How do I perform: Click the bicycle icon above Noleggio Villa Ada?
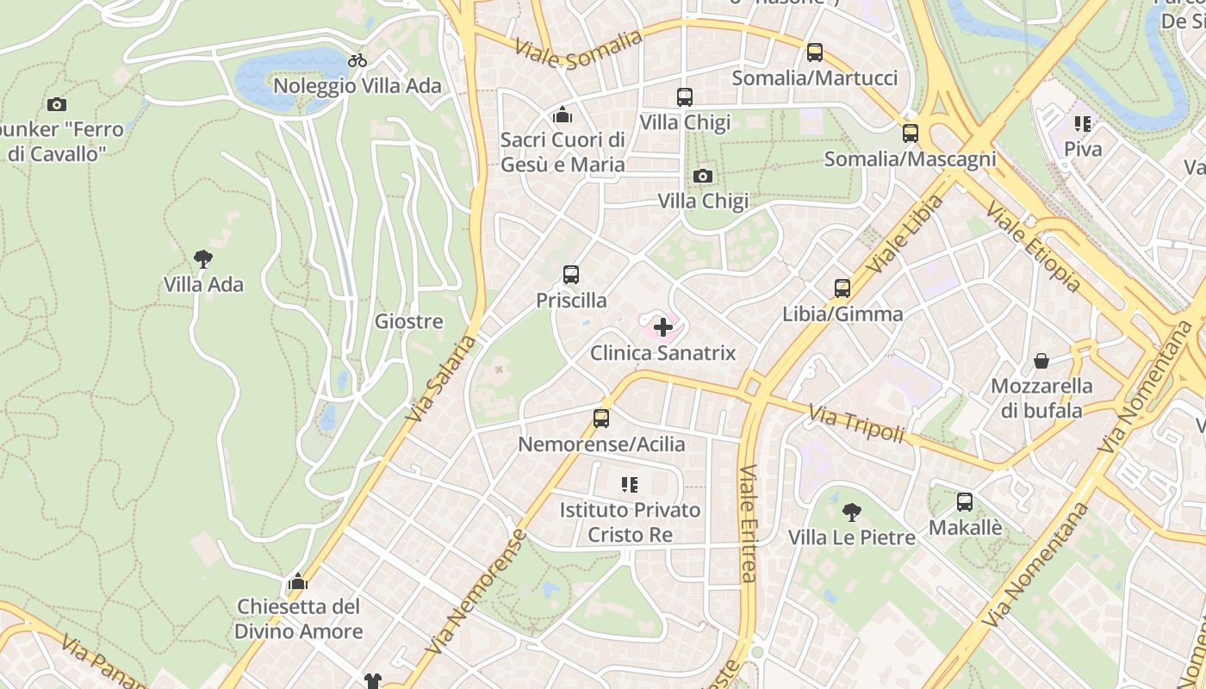coord(357,60)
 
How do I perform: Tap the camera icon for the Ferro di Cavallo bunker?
coord(57,105)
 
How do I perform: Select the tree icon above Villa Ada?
coord(203,258)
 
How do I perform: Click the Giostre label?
coord(408,322)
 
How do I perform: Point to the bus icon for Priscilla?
coord(571,275)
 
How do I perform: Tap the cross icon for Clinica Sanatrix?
coord(663,327)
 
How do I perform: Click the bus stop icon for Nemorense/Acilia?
coord(601,419)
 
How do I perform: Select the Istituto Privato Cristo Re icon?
coord(630,485)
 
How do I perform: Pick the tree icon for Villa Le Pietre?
coord(851,512)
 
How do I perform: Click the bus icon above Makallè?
coord(965,502)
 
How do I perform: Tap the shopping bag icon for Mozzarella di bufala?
coord(1041,360)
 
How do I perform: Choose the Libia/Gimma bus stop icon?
coord(842,289)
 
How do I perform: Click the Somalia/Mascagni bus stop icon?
coord(911,133)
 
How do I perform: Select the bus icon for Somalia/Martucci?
coord(815,53)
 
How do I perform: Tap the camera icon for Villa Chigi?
coord(703,176)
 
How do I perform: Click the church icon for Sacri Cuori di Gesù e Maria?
coord(563,114)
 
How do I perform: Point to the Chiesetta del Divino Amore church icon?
coord(298,581)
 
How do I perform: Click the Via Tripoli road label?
coord(856,424)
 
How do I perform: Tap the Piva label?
coord(1083,149)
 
